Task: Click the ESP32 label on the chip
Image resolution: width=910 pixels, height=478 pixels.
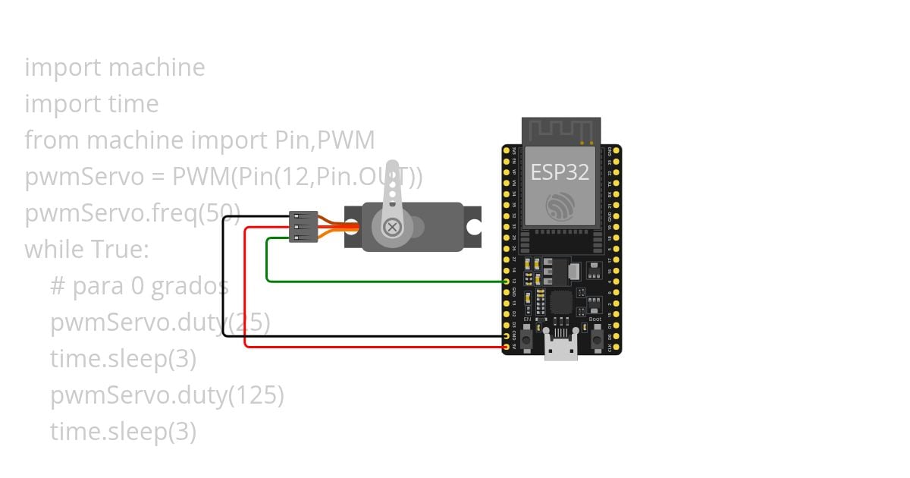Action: [x=560, y=172]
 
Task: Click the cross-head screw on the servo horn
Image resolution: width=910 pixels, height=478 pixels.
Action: [x=392, y=227]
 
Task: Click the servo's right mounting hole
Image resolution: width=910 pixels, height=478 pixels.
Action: [x=474, y=226]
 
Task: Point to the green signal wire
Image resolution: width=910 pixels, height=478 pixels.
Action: [x=379, y=281]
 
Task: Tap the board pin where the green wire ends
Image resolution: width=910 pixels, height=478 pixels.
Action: [x=507, y=281]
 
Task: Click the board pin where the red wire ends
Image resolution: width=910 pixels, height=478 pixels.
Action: [x=507, y=347]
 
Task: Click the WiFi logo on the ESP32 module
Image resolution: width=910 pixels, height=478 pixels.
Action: [x=560, y=205]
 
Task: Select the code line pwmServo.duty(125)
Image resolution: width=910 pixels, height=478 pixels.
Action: [x=167, y=395]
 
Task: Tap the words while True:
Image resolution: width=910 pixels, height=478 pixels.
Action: [x=87, y=249]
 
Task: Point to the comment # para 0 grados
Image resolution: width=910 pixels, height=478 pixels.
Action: [x=140, y=286]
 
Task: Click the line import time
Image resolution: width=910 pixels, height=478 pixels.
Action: [x=92, y=104]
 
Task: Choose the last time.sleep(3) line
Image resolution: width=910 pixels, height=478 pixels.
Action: [x=124, y=432]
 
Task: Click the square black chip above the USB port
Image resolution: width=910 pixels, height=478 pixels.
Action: [x=560, y=303]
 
